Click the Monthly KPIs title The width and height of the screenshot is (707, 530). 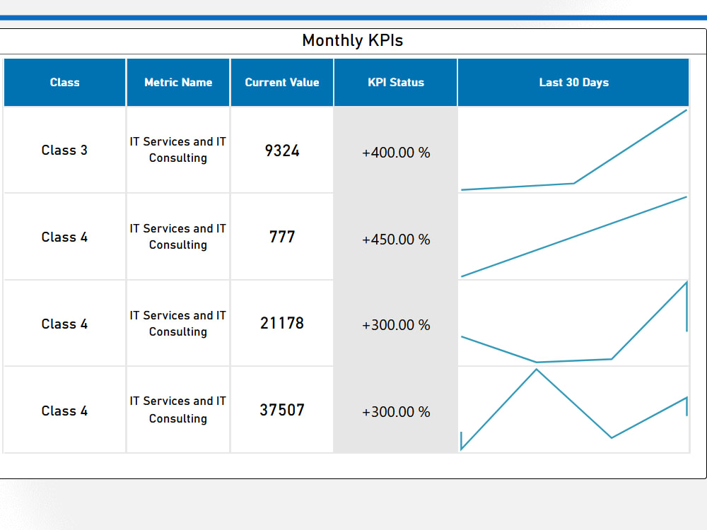352,40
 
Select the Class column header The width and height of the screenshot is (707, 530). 64,82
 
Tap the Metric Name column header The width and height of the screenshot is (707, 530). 178,82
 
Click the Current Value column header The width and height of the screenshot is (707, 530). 282,82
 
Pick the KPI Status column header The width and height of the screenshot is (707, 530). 396,82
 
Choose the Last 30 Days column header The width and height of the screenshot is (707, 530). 573,82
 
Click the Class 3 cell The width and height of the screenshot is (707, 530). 64,150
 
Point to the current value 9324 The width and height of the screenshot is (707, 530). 282,150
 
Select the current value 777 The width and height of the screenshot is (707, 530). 282,237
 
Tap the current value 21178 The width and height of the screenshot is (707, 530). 282,323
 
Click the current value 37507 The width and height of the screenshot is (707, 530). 282,410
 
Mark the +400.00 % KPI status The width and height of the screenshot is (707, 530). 396,153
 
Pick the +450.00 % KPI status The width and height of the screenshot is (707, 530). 396,240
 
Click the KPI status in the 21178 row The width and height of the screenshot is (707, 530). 396,325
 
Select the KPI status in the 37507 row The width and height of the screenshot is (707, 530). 396,412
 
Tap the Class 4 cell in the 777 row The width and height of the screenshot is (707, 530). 64,237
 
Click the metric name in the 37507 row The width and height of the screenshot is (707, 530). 178,410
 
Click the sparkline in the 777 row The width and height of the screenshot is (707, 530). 573,237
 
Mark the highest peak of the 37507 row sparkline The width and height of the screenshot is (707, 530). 537,370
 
